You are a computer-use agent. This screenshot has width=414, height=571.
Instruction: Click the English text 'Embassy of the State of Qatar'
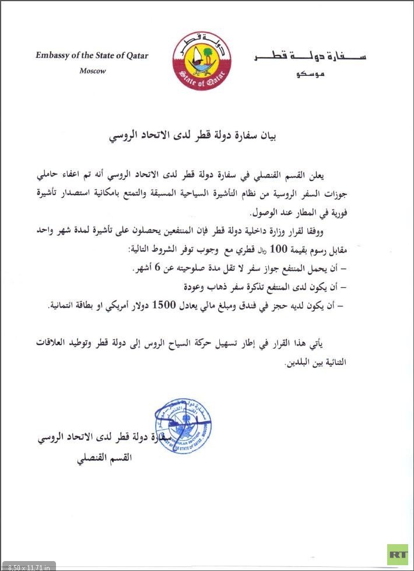click(x=92, y=56)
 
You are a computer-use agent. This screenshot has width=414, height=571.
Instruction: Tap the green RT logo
click(x=398, y=553)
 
